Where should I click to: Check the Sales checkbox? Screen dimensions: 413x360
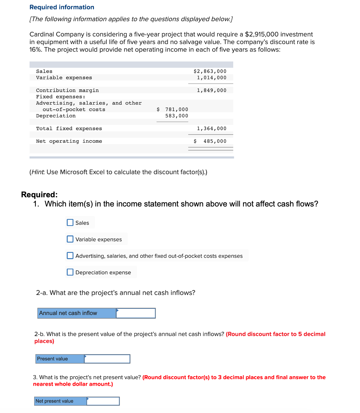[70, 223]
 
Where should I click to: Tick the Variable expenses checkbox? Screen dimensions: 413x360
[70, 239]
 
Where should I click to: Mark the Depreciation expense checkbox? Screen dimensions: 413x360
[70, 272]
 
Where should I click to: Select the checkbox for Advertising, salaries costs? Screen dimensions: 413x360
[70, 255]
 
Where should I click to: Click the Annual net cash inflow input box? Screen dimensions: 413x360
[136, 313]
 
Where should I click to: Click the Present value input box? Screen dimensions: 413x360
[107, 359]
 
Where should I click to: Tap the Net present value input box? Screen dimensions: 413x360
[103, 401]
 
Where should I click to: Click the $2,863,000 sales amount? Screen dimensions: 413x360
[210, 71]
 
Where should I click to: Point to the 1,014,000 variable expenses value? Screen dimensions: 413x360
[212, 78]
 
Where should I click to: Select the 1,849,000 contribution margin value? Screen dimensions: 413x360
[212, 90]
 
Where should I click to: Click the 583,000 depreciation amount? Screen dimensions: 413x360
[177, 116]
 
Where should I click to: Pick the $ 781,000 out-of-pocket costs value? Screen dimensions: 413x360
[173, 109]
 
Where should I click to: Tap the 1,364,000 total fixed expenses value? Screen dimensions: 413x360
[212, 129]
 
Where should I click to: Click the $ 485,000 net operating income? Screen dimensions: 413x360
[210, 141]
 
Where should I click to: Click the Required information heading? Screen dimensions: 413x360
[62, 7]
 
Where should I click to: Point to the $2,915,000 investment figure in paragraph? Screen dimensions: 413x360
[261, 34]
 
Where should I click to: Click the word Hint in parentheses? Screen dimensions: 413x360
[37, 172]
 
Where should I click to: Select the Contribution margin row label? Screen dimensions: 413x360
[67, 90]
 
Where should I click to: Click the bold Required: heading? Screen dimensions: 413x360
[39, 194]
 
